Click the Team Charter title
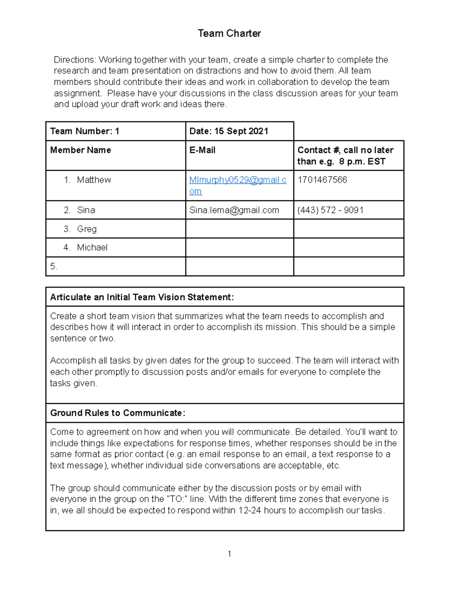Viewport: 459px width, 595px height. [x=229, y=33]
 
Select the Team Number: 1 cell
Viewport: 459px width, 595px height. [x=85, y=131]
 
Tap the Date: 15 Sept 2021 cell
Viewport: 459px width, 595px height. [x=229, y=131]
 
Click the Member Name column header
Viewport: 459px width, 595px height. [x=80, y=150]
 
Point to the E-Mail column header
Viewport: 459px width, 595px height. [x=202, y=150]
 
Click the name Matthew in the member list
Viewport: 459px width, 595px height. [x=94, y=180]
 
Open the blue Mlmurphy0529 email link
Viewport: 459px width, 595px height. [x=238, y=180]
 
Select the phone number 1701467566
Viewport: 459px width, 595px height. [x=322, y=180]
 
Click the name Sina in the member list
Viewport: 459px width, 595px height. [x=86, y=210]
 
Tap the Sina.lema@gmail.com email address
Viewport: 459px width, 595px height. [x=234, y=210]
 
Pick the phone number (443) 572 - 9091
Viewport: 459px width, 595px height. [x=330, y=210]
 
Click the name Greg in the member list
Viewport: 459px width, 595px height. [x=86, y=229]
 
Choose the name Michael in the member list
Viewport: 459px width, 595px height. [x=92, y=248]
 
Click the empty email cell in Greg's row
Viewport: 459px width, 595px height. [x=239, y=229]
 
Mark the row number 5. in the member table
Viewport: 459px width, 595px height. [x=54, y=266]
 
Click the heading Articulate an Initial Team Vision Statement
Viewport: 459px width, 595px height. [x=142, y=297]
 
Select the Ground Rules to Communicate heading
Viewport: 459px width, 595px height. [x=117, y=413]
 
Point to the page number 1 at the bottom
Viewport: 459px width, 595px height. [x=229, y=554]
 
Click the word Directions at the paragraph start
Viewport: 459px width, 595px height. [x=75, y=60]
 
